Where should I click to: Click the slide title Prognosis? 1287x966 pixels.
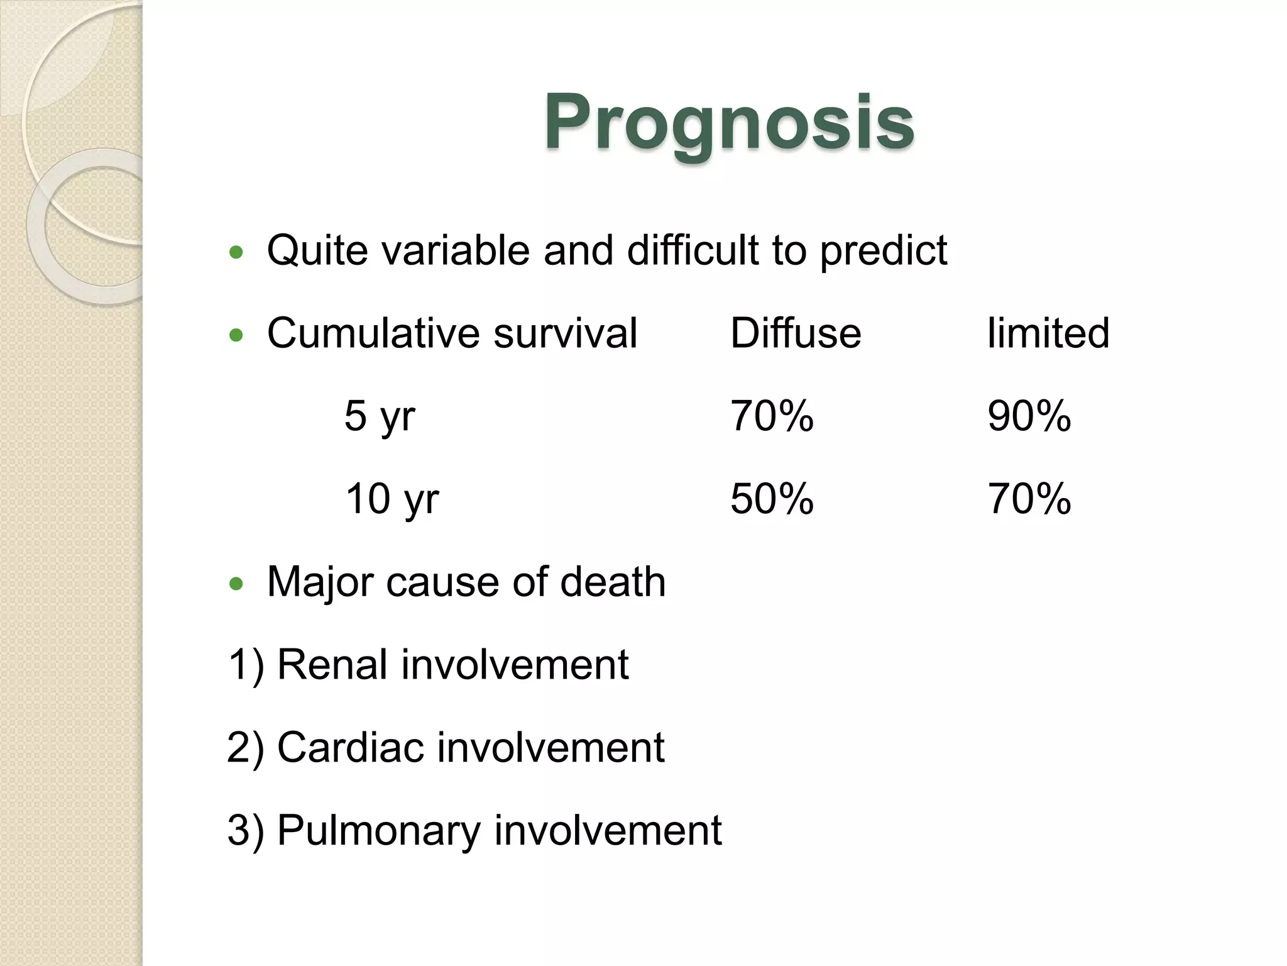click(728, 122)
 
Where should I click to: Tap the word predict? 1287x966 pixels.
click(883, 250)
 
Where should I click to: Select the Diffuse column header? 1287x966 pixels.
click(795, 333)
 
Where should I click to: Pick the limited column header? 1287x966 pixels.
click(1048, 333)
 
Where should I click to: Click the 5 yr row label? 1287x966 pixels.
click(380, 416)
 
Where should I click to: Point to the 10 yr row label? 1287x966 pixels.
click(392, 499)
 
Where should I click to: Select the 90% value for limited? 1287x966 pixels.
click(1029, 416)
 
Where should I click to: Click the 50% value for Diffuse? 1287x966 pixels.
click(772, 499)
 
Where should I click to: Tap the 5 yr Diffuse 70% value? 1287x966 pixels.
click(772, 416)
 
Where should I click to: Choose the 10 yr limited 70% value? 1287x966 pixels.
click(1029, 499)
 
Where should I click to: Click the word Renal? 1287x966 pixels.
click(332, 665)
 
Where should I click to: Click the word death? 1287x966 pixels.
click(612, 582)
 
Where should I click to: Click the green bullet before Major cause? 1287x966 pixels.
click(236, 584)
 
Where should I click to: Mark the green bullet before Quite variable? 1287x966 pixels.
click(236, 253)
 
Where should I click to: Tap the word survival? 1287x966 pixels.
click(565, 333)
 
